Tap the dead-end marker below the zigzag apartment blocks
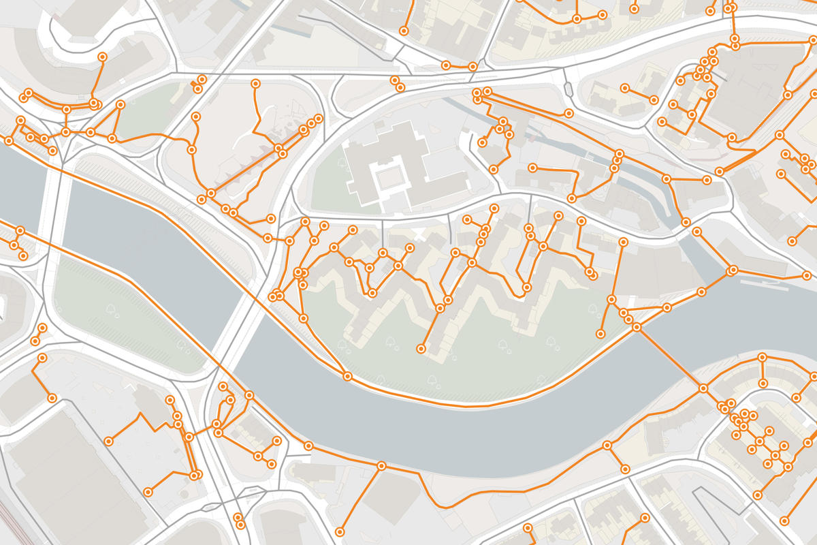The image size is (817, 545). tap(421, 349)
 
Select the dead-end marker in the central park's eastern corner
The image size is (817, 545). tap(600, 334)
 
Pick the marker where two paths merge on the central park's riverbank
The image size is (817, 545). tap(348, 376)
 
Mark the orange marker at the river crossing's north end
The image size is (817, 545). tap(637, 328)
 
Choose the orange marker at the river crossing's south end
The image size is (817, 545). tap(703, 388)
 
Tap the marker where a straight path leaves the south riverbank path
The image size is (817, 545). tap(381, 467)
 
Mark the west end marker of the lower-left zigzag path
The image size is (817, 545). tap(109, 441)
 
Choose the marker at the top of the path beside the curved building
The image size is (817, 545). tap(102, 57)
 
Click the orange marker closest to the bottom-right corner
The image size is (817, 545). tap(785, 521)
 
